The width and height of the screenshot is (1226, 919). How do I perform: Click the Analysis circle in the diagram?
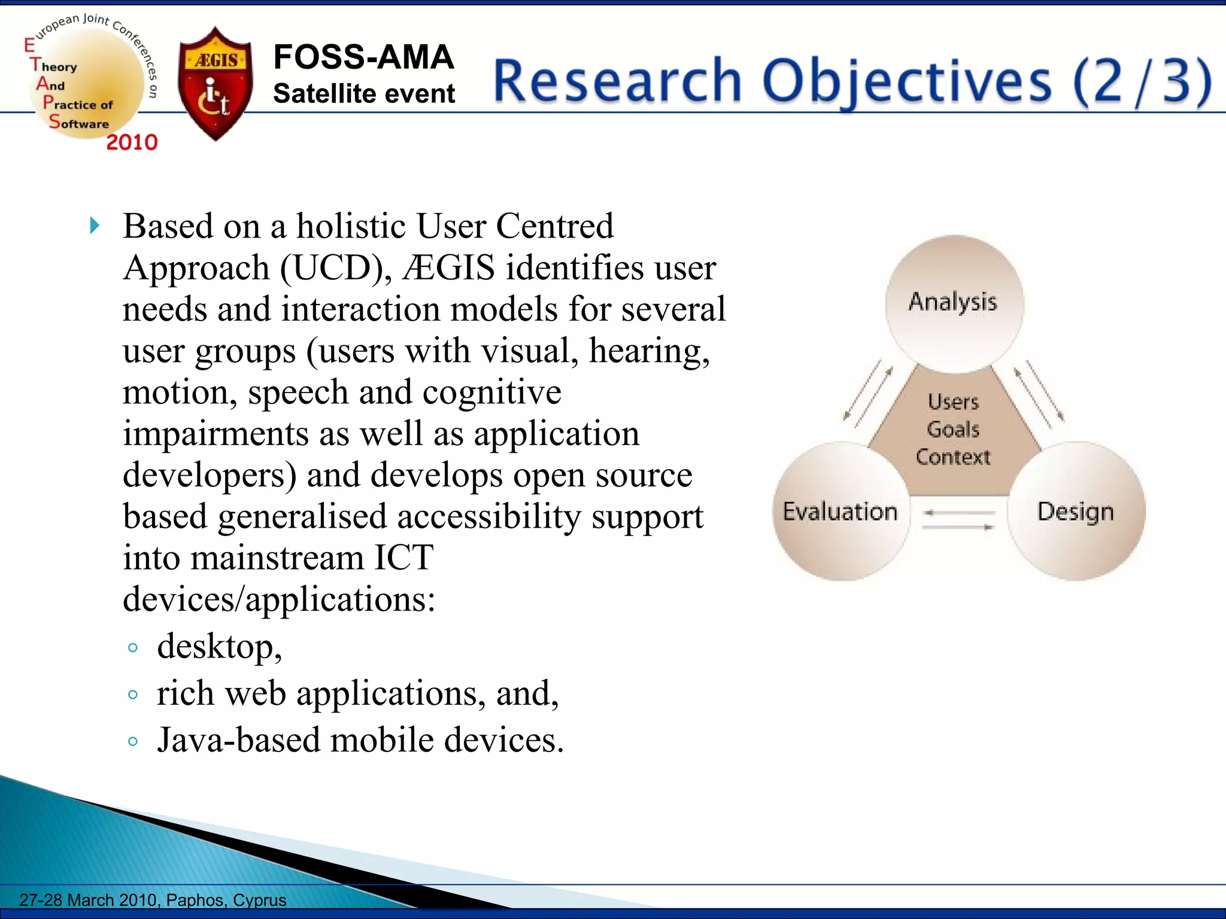(954, 303)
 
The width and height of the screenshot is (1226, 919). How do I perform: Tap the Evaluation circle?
(840, 512)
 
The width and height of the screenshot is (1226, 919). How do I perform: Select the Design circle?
(1076, 512)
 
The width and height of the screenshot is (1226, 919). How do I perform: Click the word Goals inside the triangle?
(953, 429)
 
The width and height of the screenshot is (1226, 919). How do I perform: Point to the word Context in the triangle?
(953, 457)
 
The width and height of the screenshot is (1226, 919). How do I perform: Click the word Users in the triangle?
(953, 401)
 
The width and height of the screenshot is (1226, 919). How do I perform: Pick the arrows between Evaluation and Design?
(958, 520)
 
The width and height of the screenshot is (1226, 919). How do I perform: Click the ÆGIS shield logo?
(216, 84)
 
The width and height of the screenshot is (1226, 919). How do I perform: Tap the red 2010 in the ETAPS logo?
(132, 142)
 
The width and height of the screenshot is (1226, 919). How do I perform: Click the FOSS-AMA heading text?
(363, 57)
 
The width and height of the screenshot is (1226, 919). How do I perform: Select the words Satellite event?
(363, 94)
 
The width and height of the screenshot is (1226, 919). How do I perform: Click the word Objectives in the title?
(906, 81)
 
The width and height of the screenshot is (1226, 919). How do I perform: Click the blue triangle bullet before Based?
(94, 226)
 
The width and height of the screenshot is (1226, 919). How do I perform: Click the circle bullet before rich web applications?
(133, 695)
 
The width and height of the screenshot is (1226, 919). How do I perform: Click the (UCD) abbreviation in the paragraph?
(335, 267)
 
